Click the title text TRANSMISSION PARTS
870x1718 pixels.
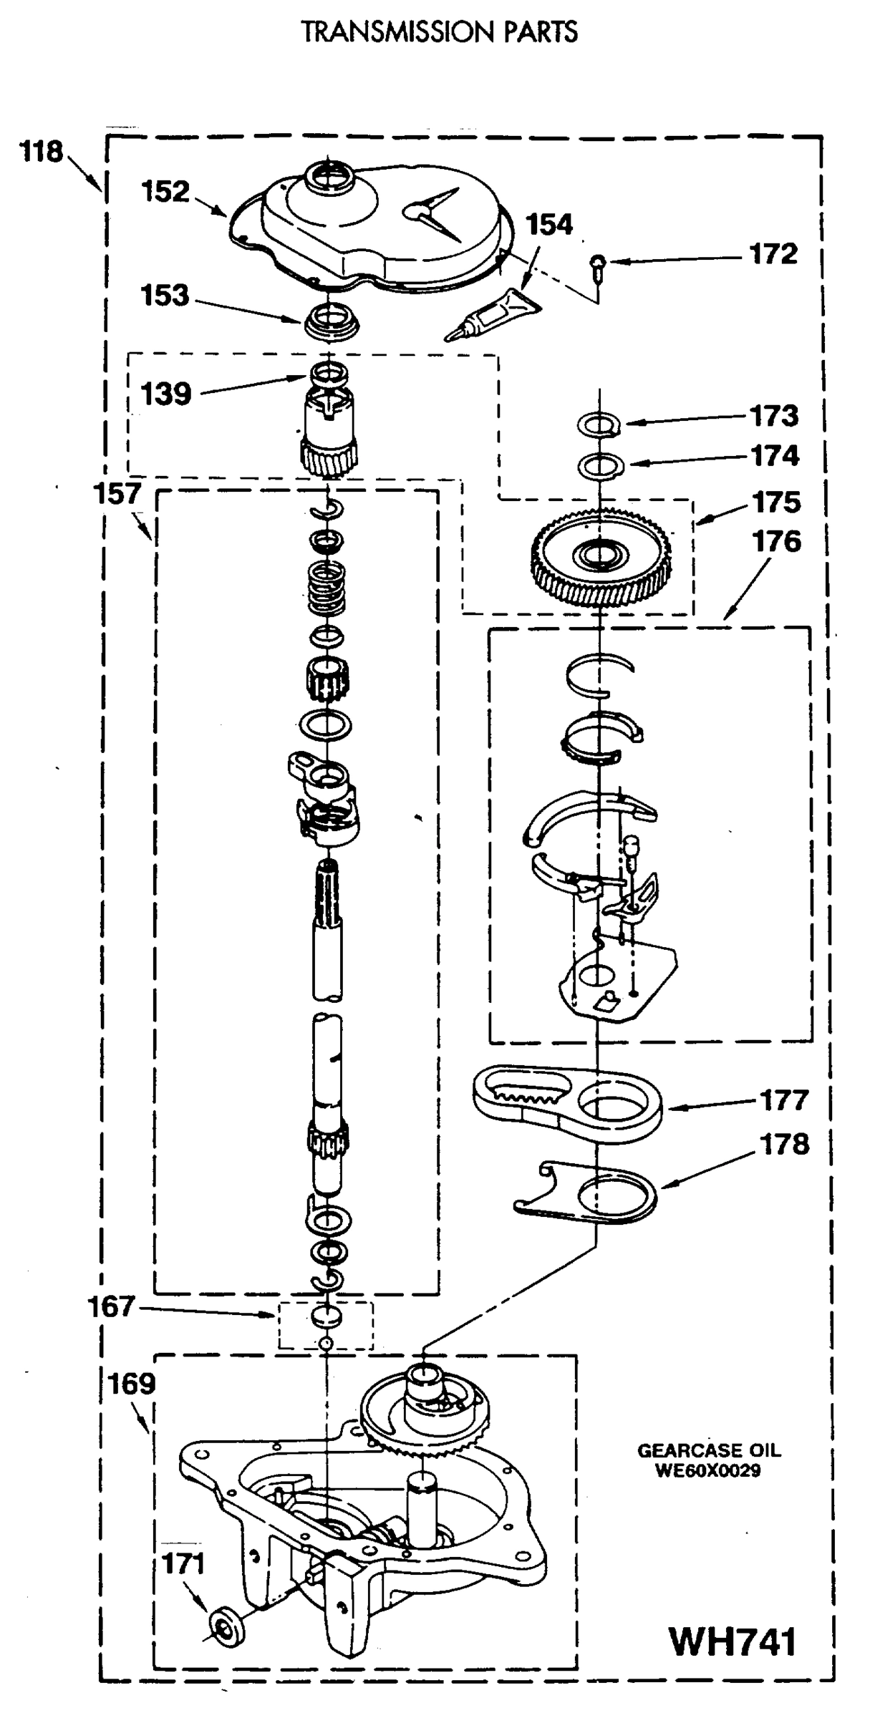(439, 32)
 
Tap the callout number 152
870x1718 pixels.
(165, 191)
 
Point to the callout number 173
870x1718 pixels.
(774, 415)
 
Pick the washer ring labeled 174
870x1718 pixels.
(600, 466)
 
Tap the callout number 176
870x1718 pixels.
(776, 541)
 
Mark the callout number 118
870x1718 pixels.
(41, 152)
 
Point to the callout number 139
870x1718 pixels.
(165, 394)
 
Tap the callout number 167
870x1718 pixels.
(111, 1307)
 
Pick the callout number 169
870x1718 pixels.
(132, 1384)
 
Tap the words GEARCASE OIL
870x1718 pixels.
(708, 1451)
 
